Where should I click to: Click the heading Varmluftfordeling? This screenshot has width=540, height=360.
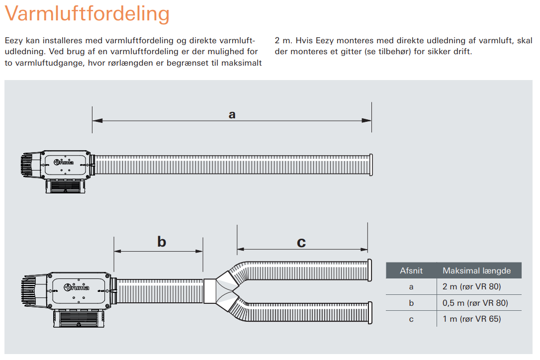click(x=87, y=14)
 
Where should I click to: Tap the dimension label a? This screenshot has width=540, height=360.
click(x=232, y=114)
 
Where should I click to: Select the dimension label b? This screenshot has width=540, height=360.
click(x=162, y=242)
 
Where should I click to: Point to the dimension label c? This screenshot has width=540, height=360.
click(x=301, y=243)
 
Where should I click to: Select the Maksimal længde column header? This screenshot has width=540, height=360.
click(x=476, y=270)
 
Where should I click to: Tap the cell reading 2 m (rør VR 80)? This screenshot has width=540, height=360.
click(x=472, y=286)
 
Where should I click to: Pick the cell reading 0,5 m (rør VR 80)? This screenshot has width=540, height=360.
click(x=475, y=303)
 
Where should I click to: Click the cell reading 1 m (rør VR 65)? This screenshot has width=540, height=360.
click(x=472, y=319)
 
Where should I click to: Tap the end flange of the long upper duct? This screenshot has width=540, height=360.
click(x=371, y=165)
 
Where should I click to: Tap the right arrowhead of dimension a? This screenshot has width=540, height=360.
click(x=367, y=120)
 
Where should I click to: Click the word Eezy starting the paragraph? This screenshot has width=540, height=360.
click(x=13, y=41)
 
